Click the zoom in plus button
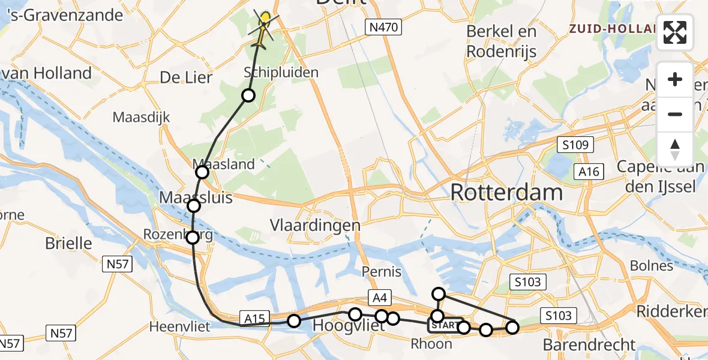(675, 79)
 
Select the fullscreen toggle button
(675, 32)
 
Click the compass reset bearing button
(675, 148)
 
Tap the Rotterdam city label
(506, 193)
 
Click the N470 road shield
(383, 26)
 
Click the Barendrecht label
(589, 345)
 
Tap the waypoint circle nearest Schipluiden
(248, 95)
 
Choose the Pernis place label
(382, 272)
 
